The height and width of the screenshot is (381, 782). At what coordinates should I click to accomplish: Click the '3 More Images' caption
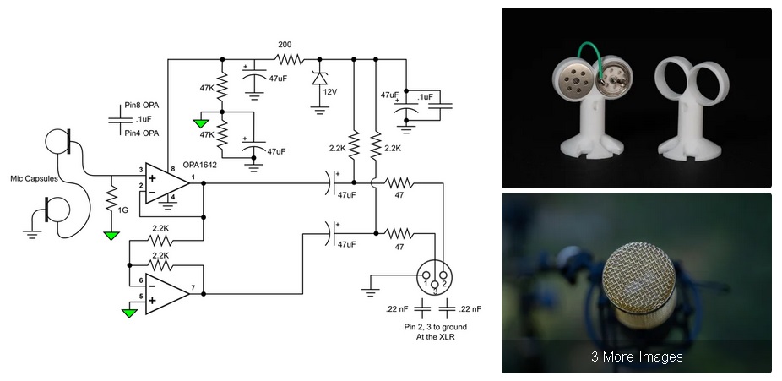[636, 357]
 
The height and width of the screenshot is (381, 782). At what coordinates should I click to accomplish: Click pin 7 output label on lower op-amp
[194, 288]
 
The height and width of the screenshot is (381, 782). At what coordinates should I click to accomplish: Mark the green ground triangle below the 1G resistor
[111, 234]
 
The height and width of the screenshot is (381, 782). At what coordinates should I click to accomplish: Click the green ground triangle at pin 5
[128, 312]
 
